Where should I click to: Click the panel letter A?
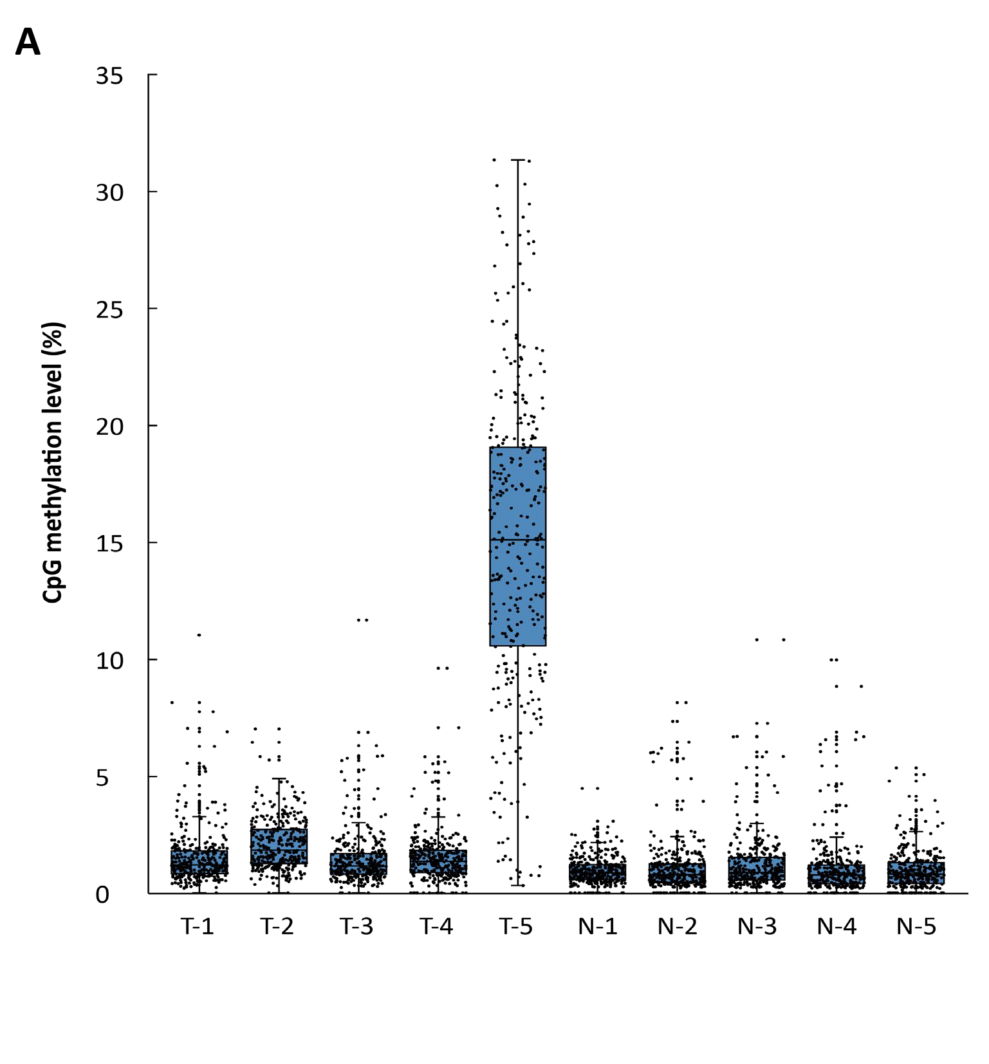point(28,44)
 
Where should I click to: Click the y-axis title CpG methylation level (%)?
point(53,464)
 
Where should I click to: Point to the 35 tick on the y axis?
point(109,77)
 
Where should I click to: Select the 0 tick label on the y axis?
point(102,895)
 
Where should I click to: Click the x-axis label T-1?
point(198,927)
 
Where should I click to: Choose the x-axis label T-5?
point(516,927)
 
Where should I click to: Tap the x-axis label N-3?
point(757,927)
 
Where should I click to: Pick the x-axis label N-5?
point(916,927)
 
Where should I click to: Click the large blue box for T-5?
point(518,592)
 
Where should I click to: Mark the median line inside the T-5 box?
point(518,540)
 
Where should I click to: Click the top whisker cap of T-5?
point(518,160)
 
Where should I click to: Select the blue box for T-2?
point(279,847)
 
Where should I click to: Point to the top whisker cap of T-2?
point(279,778)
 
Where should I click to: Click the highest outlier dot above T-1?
point(199,635)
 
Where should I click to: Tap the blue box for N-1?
point(598,873)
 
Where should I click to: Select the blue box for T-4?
point(438,861)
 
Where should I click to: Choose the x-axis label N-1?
point(598,927)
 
